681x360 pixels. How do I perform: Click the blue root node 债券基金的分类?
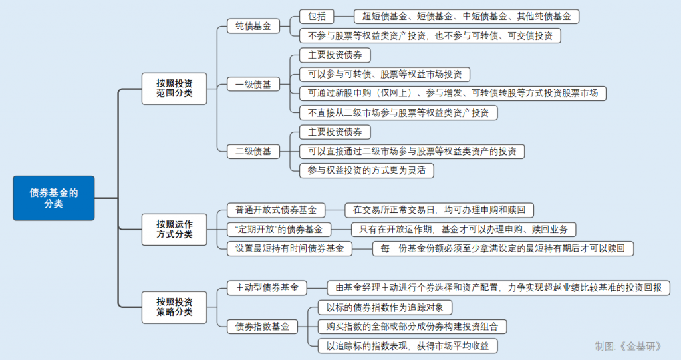53,198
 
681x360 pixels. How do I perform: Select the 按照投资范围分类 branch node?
174,88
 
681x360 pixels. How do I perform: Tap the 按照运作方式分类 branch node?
174,229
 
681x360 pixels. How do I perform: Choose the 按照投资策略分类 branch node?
174,307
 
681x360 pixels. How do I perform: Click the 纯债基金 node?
253,26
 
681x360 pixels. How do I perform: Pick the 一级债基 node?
253,84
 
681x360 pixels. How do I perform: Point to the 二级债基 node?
253,151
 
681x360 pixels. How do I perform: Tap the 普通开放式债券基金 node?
276,210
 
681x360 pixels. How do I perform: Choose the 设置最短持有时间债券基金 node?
289,248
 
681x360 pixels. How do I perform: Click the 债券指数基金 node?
262,327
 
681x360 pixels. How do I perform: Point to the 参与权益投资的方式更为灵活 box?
366,170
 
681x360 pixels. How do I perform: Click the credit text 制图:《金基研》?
629,345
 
